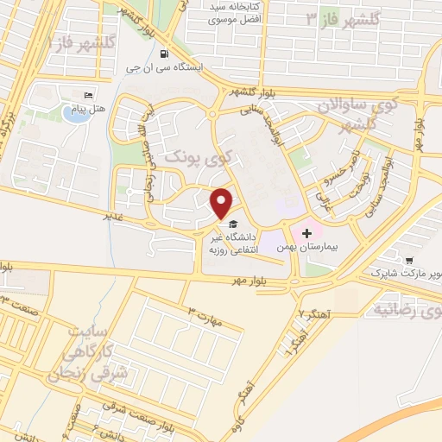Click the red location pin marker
pos(222,202)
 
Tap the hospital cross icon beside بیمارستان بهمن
pos(306,233)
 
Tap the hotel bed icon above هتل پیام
pos(86,95)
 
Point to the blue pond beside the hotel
pos(76,114)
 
